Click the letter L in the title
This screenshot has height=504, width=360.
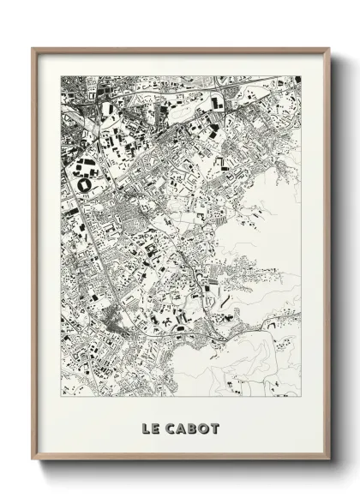click(x=145, y=428)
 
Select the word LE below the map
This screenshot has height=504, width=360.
click(x=150, y=428)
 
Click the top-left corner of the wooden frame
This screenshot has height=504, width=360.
click(x=33, y=48)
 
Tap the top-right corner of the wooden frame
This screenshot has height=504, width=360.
click(x=330, y=48)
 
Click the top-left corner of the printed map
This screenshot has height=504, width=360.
click(x=61, y=76)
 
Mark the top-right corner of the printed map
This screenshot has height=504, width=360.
click(x=302, y=76)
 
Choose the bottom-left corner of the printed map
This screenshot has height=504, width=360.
click(x=61, y=396)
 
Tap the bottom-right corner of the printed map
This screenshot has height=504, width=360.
click(x=302, y=396)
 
